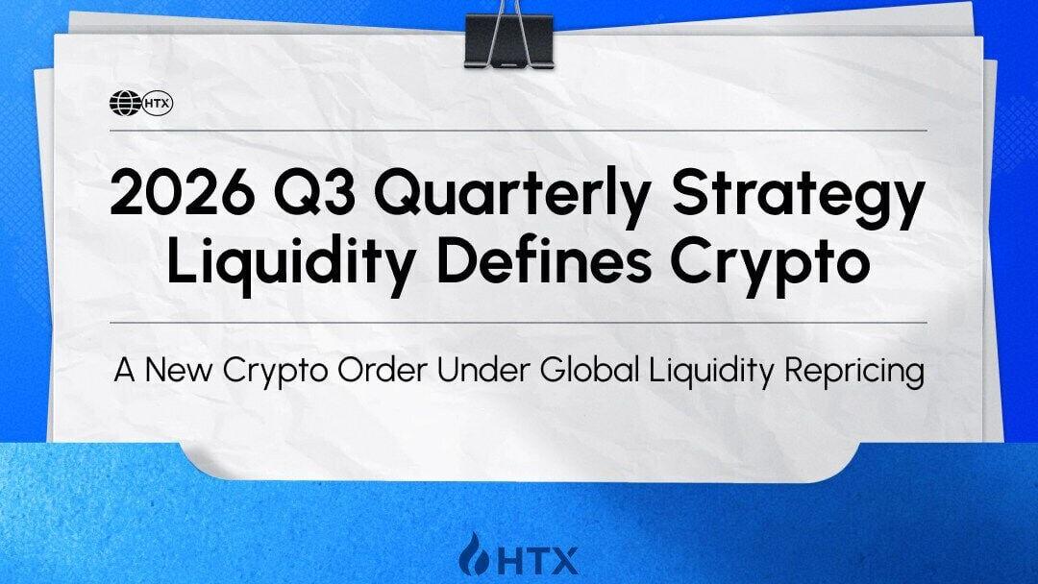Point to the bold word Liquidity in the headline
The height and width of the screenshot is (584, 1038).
tap(292, 263)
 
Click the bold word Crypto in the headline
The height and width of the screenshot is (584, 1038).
tap(770, 264)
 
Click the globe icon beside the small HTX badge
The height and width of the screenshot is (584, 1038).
tap(125, 103)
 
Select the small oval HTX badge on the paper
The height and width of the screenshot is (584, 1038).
tap(158, 104)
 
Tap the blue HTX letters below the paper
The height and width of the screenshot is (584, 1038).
tap(537, 561)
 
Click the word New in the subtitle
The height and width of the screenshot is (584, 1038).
tap(178, 370)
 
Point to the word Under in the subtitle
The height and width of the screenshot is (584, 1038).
tap(483, 370)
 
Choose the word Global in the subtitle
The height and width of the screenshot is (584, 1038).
tap(589, 370)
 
